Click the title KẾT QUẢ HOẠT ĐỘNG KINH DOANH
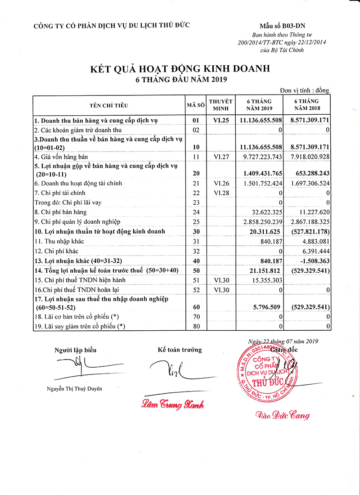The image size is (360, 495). (180, 68)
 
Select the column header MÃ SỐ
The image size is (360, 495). (196, 105)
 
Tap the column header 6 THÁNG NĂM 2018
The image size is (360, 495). (306, 105)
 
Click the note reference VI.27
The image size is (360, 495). (222, 157)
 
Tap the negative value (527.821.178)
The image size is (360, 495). (306, 231)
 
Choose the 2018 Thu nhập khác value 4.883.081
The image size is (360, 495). (313, 241)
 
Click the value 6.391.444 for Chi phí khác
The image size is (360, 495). (313, 251)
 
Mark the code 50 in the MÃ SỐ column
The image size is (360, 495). (196, 270)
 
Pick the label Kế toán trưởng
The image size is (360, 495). (180, 350)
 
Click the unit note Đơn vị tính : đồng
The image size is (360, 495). (305, 90)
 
